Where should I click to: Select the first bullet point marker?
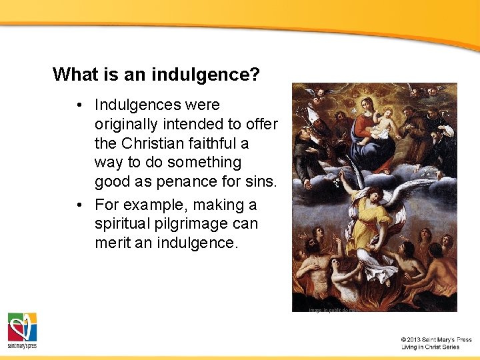79,105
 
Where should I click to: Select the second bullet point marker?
79,205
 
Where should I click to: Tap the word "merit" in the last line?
113,243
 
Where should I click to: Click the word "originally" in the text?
127,124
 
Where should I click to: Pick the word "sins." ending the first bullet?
259,181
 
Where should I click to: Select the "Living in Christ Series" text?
431,347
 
